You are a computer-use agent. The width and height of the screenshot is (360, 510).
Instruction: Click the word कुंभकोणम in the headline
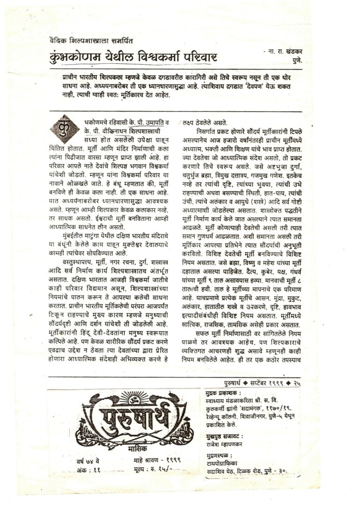pos(79,59)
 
